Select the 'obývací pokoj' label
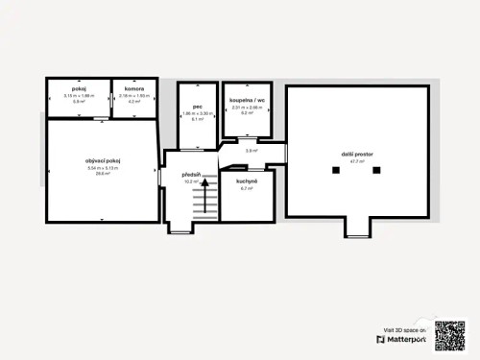(x=101, y=159)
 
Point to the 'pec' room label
(x=196, y=107)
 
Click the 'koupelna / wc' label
(x=247, y=100)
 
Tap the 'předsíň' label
(x=191, y=174)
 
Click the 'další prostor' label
(x=358, y=154)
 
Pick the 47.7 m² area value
(x=358, y=161)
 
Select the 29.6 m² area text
(x=101, y=174)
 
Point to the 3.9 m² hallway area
(x=251, y=151)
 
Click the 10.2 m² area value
(x=190, y=181)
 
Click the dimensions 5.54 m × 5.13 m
(x=101, y=167)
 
